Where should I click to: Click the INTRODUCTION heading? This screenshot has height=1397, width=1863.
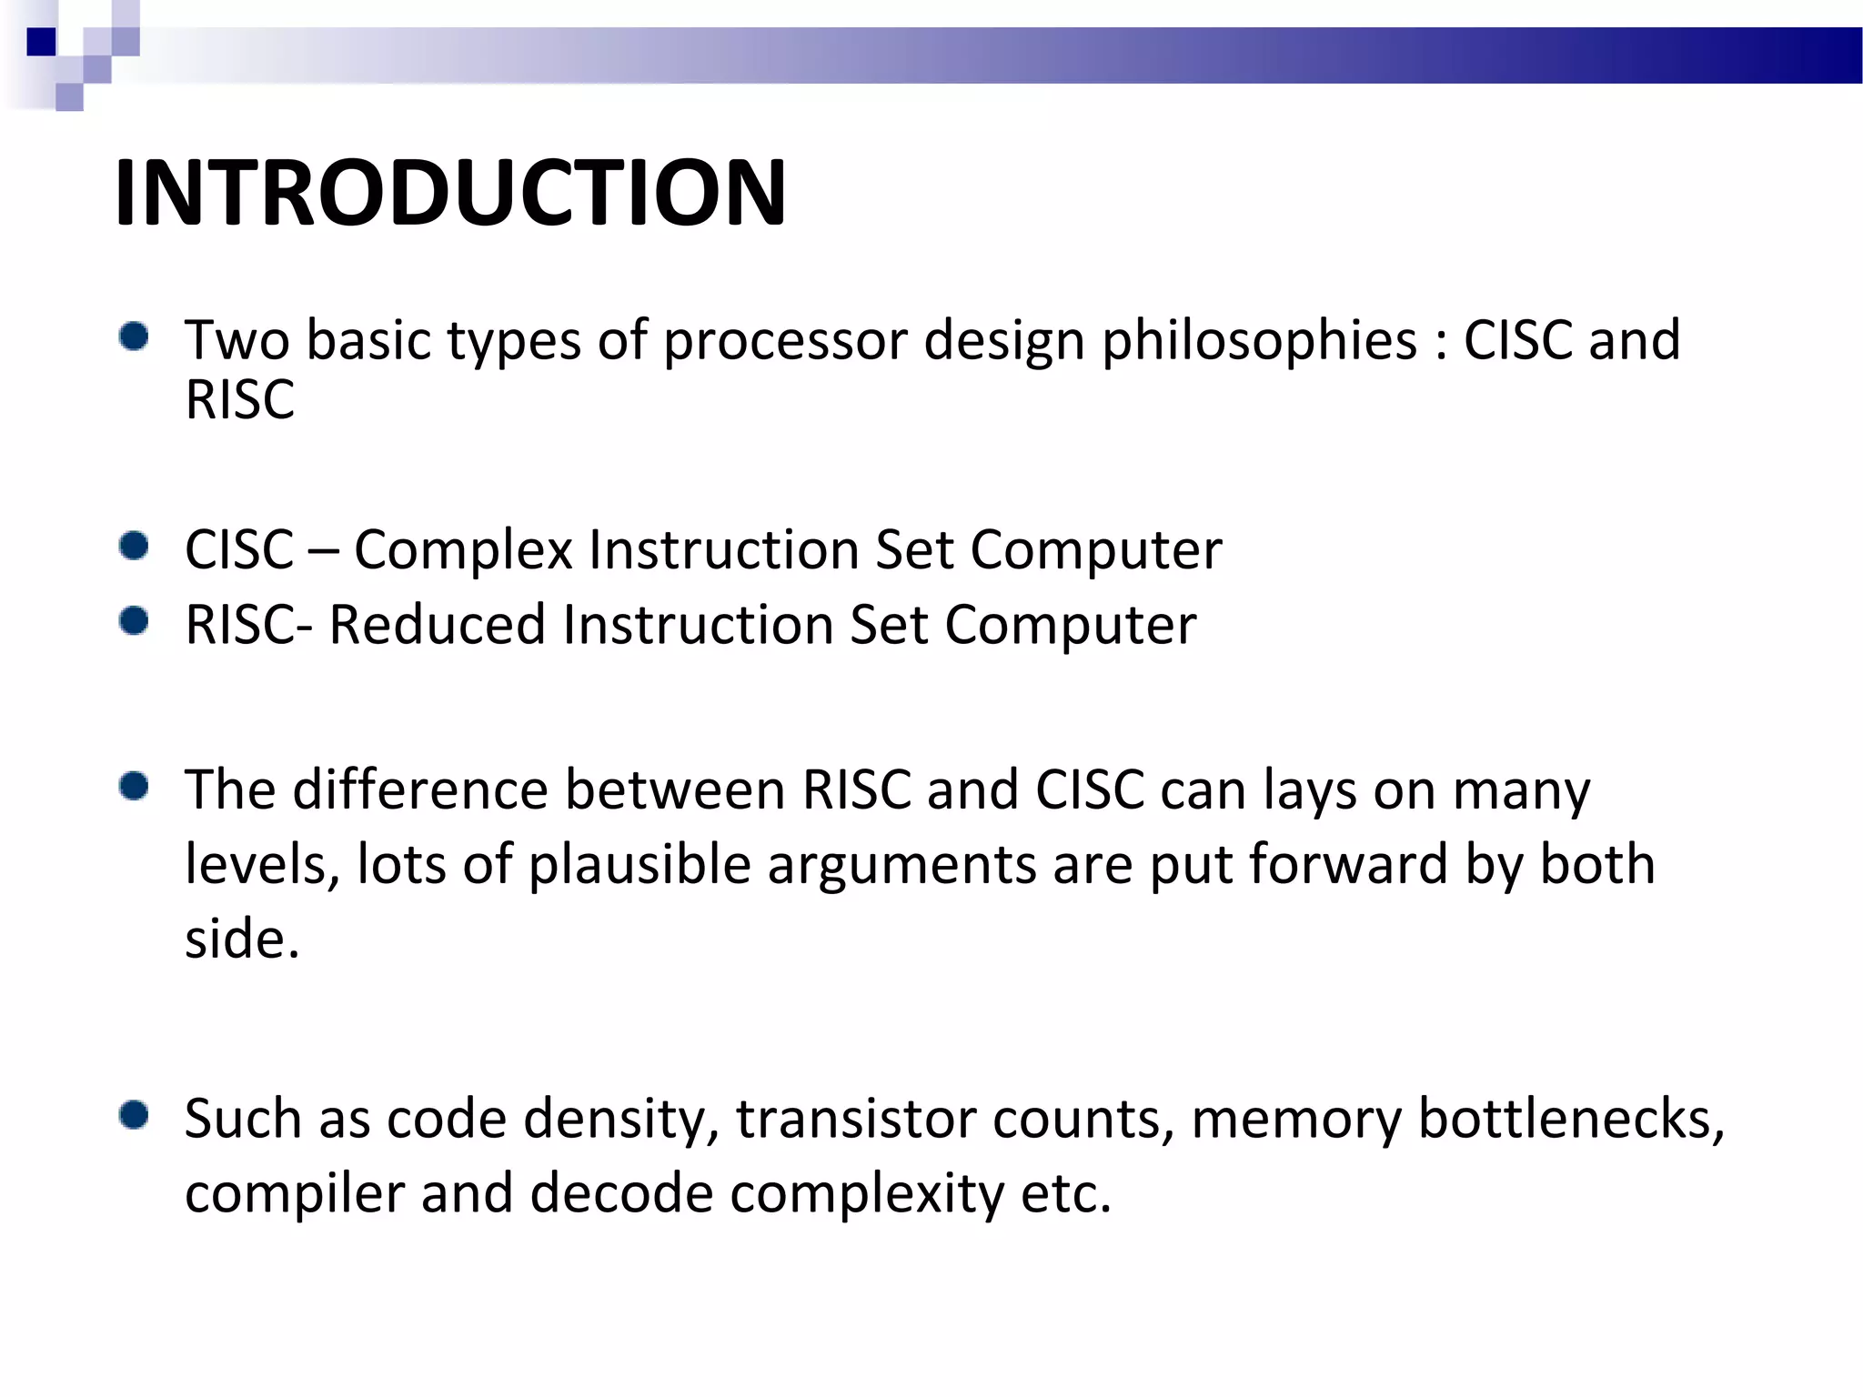click(x=450, y=193)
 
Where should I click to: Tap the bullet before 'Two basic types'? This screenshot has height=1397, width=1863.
click(x=134, y=337)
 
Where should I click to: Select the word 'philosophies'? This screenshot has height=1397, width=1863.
click(x=1260, y=342)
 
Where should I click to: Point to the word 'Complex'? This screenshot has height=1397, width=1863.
click(x=463, y=551)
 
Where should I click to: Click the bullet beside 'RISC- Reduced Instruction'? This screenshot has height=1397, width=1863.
click(x=134, y=621)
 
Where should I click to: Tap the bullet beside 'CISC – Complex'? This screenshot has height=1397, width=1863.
click(x=134, y=547)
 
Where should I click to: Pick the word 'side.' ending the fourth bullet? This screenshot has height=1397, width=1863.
click(x=242, y=939)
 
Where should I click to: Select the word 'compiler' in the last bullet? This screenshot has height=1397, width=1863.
click(x=294, y=1194)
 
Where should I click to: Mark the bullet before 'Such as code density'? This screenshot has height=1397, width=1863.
click(x=134, y=1115)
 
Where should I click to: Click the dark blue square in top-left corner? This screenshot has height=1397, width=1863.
click(x=41, y=42)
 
